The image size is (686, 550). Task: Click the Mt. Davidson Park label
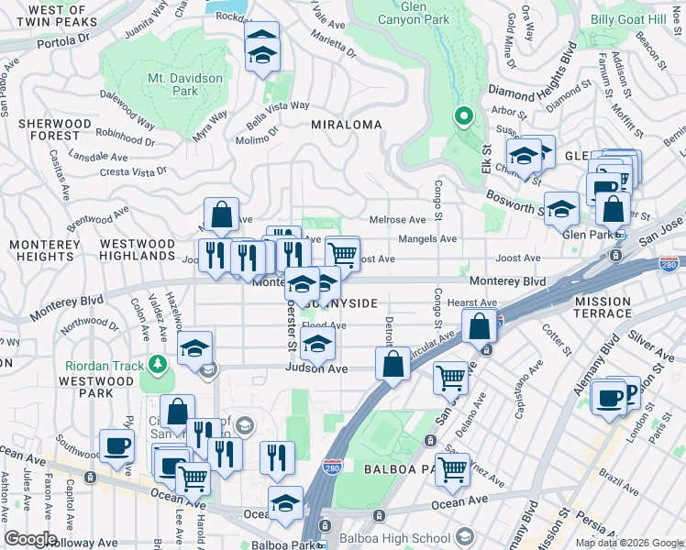186,84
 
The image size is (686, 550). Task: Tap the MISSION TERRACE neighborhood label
603,307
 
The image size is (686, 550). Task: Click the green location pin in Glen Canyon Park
464,116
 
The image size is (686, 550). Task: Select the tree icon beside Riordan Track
159,365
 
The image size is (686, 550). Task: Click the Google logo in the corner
29,539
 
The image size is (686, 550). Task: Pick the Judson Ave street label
316,368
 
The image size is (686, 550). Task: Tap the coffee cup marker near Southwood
116,446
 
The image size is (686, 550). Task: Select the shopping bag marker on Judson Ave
393,363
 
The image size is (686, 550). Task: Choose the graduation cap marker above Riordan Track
195,348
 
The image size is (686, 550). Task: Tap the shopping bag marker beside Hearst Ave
480,325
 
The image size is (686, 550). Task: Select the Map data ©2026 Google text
627,543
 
